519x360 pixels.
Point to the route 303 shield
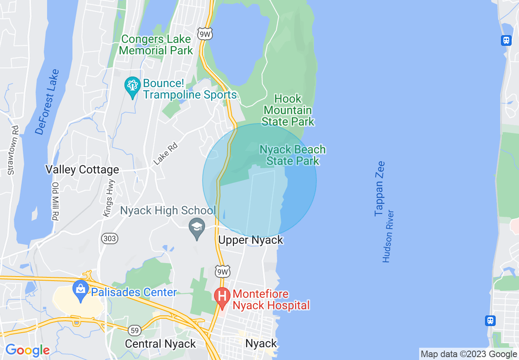coord(110,239)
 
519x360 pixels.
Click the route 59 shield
coord(135,330)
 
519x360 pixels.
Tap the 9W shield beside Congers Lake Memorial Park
coord(205,34)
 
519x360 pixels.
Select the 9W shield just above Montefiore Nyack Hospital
coord(223,271)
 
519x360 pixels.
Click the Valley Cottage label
coord(82,170)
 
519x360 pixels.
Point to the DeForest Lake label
coord(47,102)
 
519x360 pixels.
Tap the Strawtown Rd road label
coord(13,150)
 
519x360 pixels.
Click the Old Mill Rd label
coord(56,201)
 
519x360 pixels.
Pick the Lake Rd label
coord(165,153)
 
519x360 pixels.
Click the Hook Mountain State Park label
coord(288,110)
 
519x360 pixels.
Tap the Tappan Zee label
coord(380,189)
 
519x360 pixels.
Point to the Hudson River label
coord(388,236)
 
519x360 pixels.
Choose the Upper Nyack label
coord(250,240)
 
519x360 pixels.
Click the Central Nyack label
coord(160,344)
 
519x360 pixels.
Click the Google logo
coord(27,350)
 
